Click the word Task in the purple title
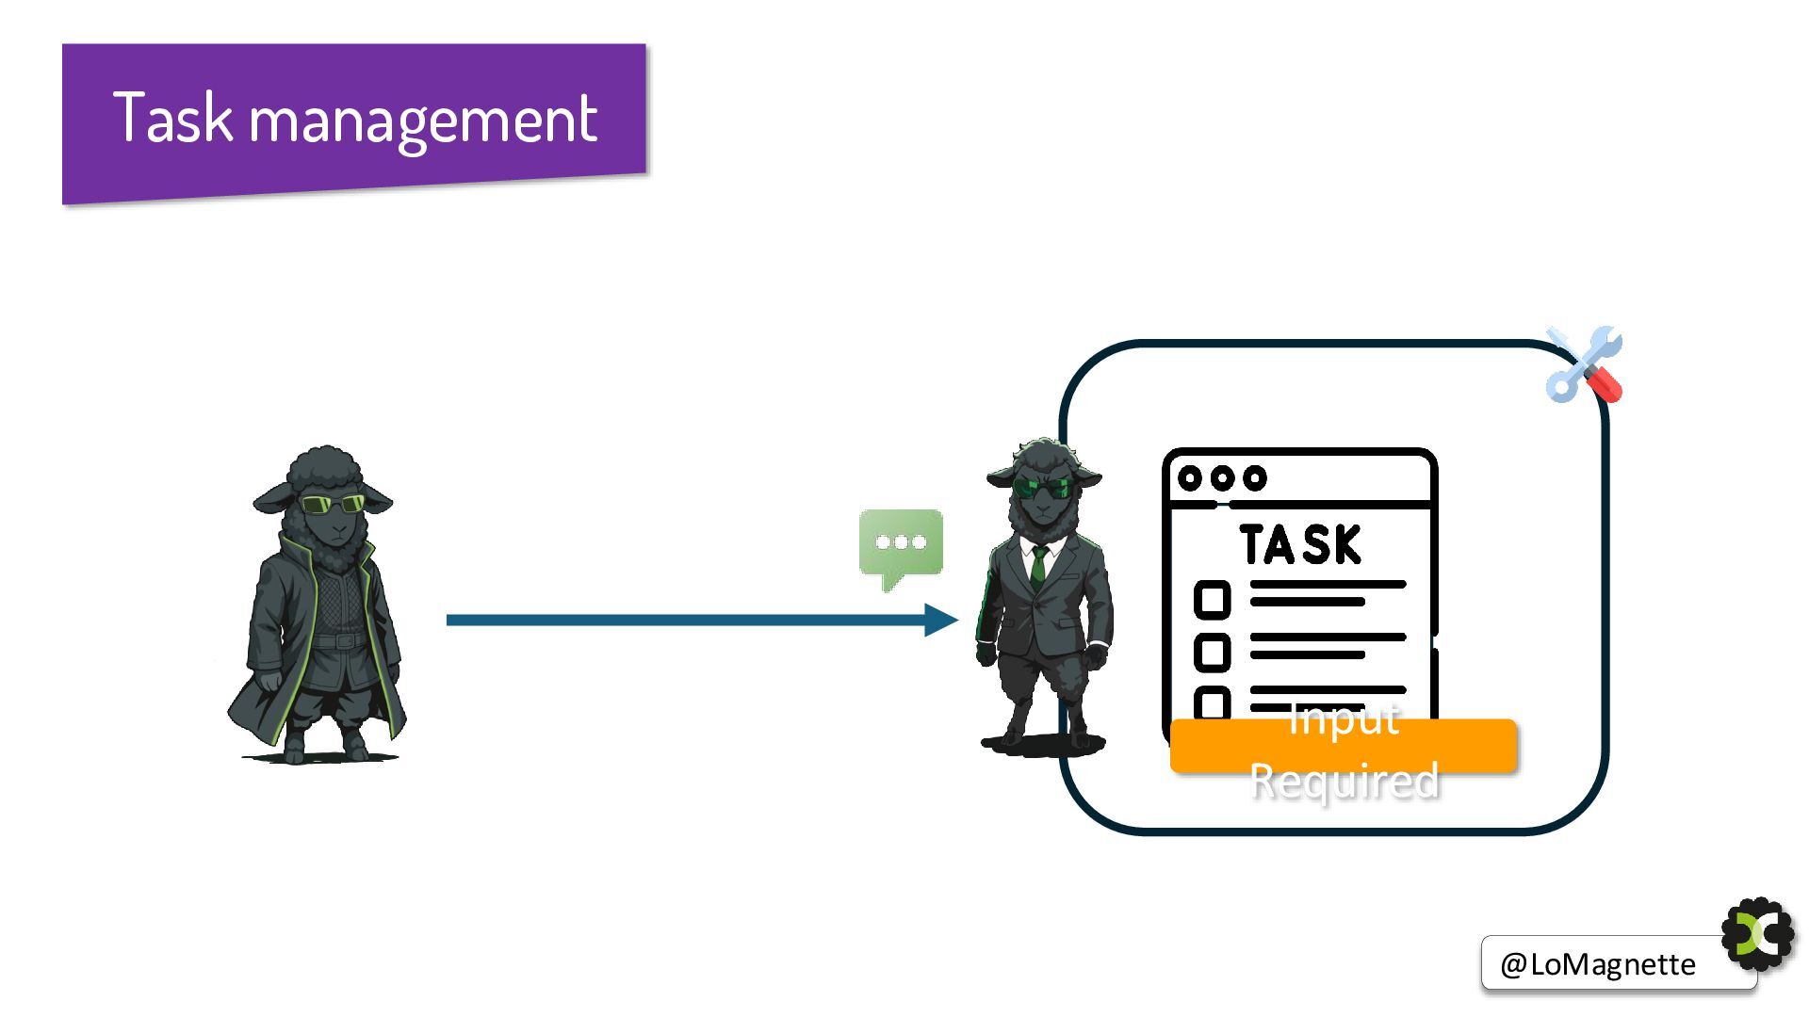pos(172,118)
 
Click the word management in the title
pos(423,121)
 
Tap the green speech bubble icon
pos(901,544)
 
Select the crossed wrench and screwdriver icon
pos(1584,365)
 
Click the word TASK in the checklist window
pos(1300,545)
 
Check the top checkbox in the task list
pos(1212,599)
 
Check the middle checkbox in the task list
pos(1212,652)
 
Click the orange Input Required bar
pos(1343,747)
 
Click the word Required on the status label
pos(1345,782)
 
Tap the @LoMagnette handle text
pos(1598,964)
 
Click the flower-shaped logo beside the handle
pos(1757,934)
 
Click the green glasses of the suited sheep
pos(1042,488)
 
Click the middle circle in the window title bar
pos(1222,478)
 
